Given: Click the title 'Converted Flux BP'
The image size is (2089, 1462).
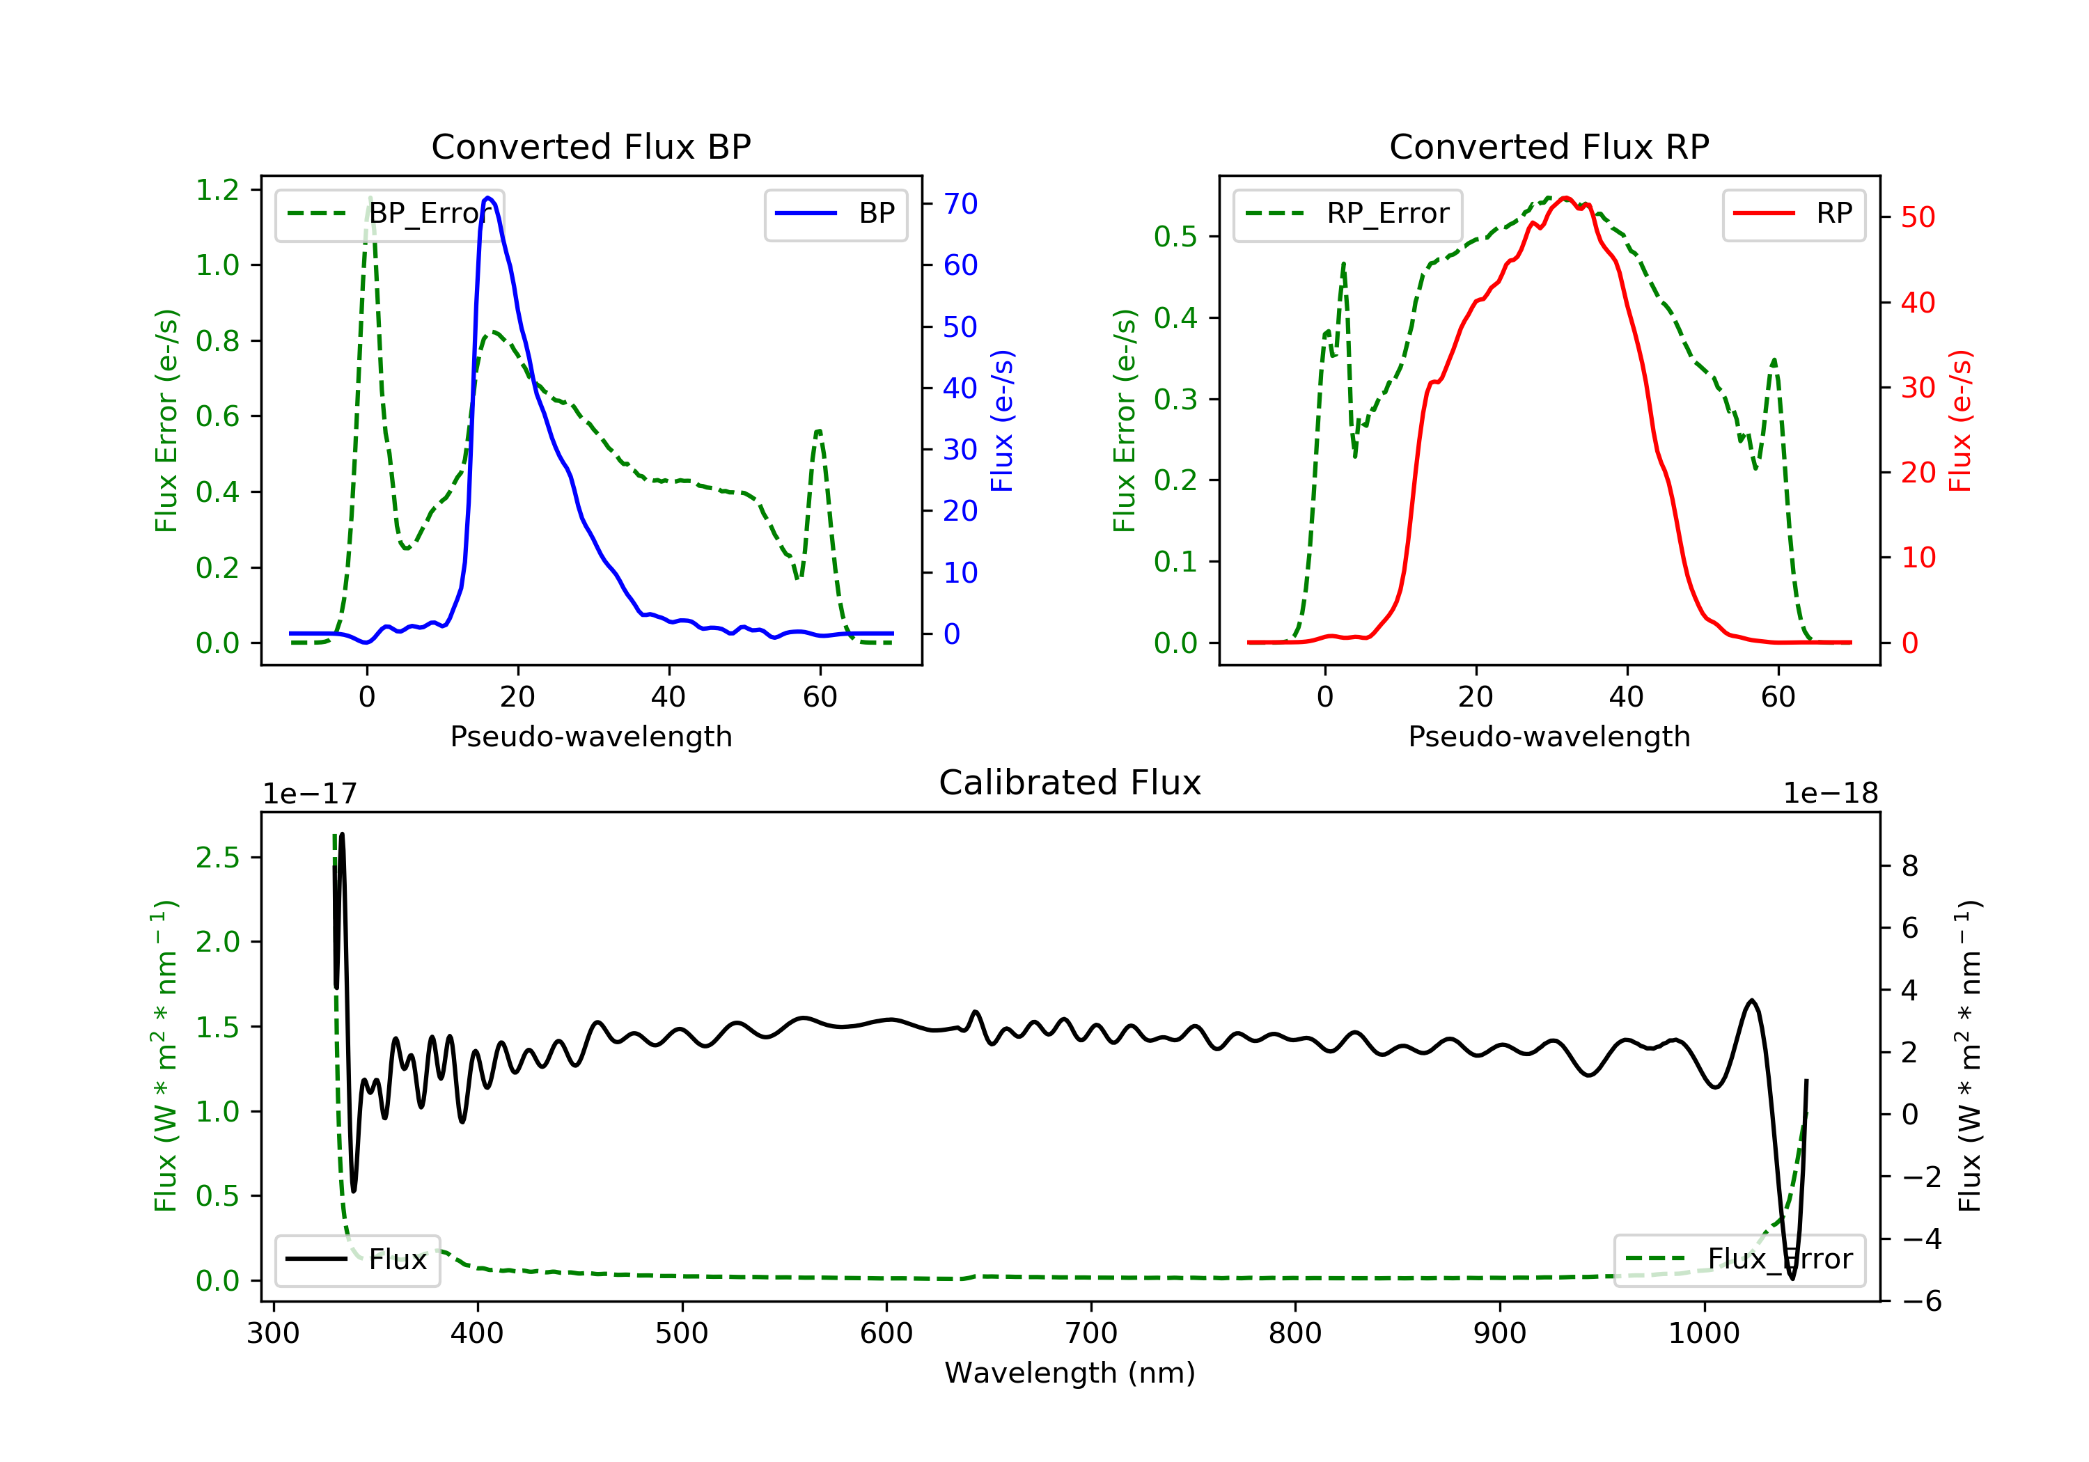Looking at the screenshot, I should coord(590,146).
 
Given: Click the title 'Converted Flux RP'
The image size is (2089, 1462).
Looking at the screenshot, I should coord(1549,146).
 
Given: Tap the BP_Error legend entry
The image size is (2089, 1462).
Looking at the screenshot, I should coord(389,214).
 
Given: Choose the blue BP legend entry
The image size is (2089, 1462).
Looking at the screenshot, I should coord(835,214).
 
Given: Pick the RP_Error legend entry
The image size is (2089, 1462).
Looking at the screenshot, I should coord(1347,214).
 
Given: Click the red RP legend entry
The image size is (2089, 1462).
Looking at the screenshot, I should coord(1792,214).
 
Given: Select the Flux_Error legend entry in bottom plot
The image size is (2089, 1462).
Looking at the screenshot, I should coord(1739,1259).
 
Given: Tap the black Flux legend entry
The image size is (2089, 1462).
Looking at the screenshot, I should coord(357,1259).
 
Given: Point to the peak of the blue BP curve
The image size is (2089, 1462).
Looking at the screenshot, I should coord(489,198).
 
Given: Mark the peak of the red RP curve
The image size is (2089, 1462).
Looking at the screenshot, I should coord(1564,198).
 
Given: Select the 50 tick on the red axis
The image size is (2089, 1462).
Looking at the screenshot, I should coord(1918,217).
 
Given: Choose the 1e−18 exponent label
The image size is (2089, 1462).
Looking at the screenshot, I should coord(1831,794).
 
